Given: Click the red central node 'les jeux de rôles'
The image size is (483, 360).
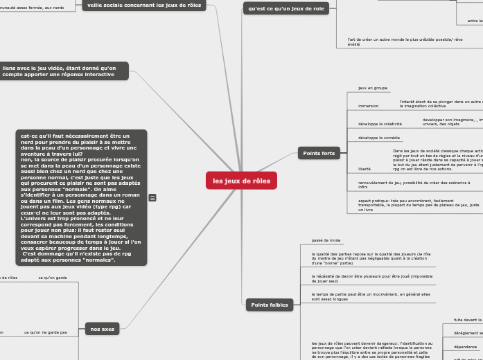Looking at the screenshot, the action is coord(241,181).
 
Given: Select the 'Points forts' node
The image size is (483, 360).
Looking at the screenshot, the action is coord(319,153).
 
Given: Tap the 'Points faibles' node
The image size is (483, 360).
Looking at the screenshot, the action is coord(270,305).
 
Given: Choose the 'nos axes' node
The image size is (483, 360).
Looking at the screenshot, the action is coord(102,329).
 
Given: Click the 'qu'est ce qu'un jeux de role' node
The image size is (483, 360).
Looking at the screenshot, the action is coord(286,8).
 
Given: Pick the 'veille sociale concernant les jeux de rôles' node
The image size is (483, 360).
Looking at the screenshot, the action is coord(143,5).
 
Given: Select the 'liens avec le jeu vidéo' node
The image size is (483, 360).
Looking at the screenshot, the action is coord(64,71).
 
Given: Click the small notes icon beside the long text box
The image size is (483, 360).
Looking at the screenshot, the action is coord(152,197).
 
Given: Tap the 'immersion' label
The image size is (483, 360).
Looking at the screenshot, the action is coord(368,106).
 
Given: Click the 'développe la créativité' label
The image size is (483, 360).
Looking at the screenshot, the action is coord(380,124).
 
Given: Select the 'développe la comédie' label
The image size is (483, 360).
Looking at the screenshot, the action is coord(379,138).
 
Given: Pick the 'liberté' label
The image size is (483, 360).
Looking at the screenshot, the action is coord(365,169).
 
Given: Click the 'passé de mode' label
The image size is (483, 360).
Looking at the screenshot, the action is coord(326,240).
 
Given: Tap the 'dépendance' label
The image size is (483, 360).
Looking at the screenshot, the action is coord(466,347).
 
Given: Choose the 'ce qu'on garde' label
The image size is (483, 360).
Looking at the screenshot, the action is coord(53,278).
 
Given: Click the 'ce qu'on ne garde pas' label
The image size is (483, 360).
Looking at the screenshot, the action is coord(46,332).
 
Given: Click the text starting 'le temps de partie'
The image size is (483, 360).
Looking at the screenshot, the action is coord(367,296).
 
